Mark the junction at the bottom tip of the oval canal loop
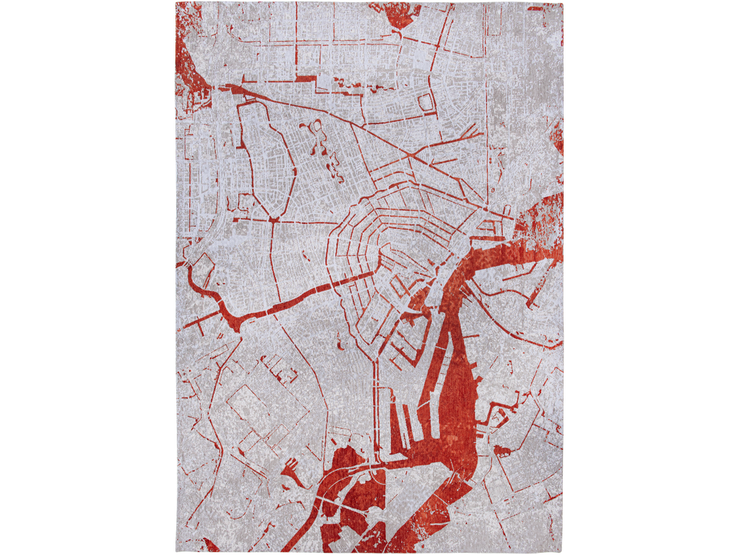274,218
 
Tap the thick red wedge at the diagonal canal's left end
235,90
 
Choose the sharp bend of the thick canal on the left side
235,321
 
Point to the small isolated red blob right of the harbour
502,452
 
